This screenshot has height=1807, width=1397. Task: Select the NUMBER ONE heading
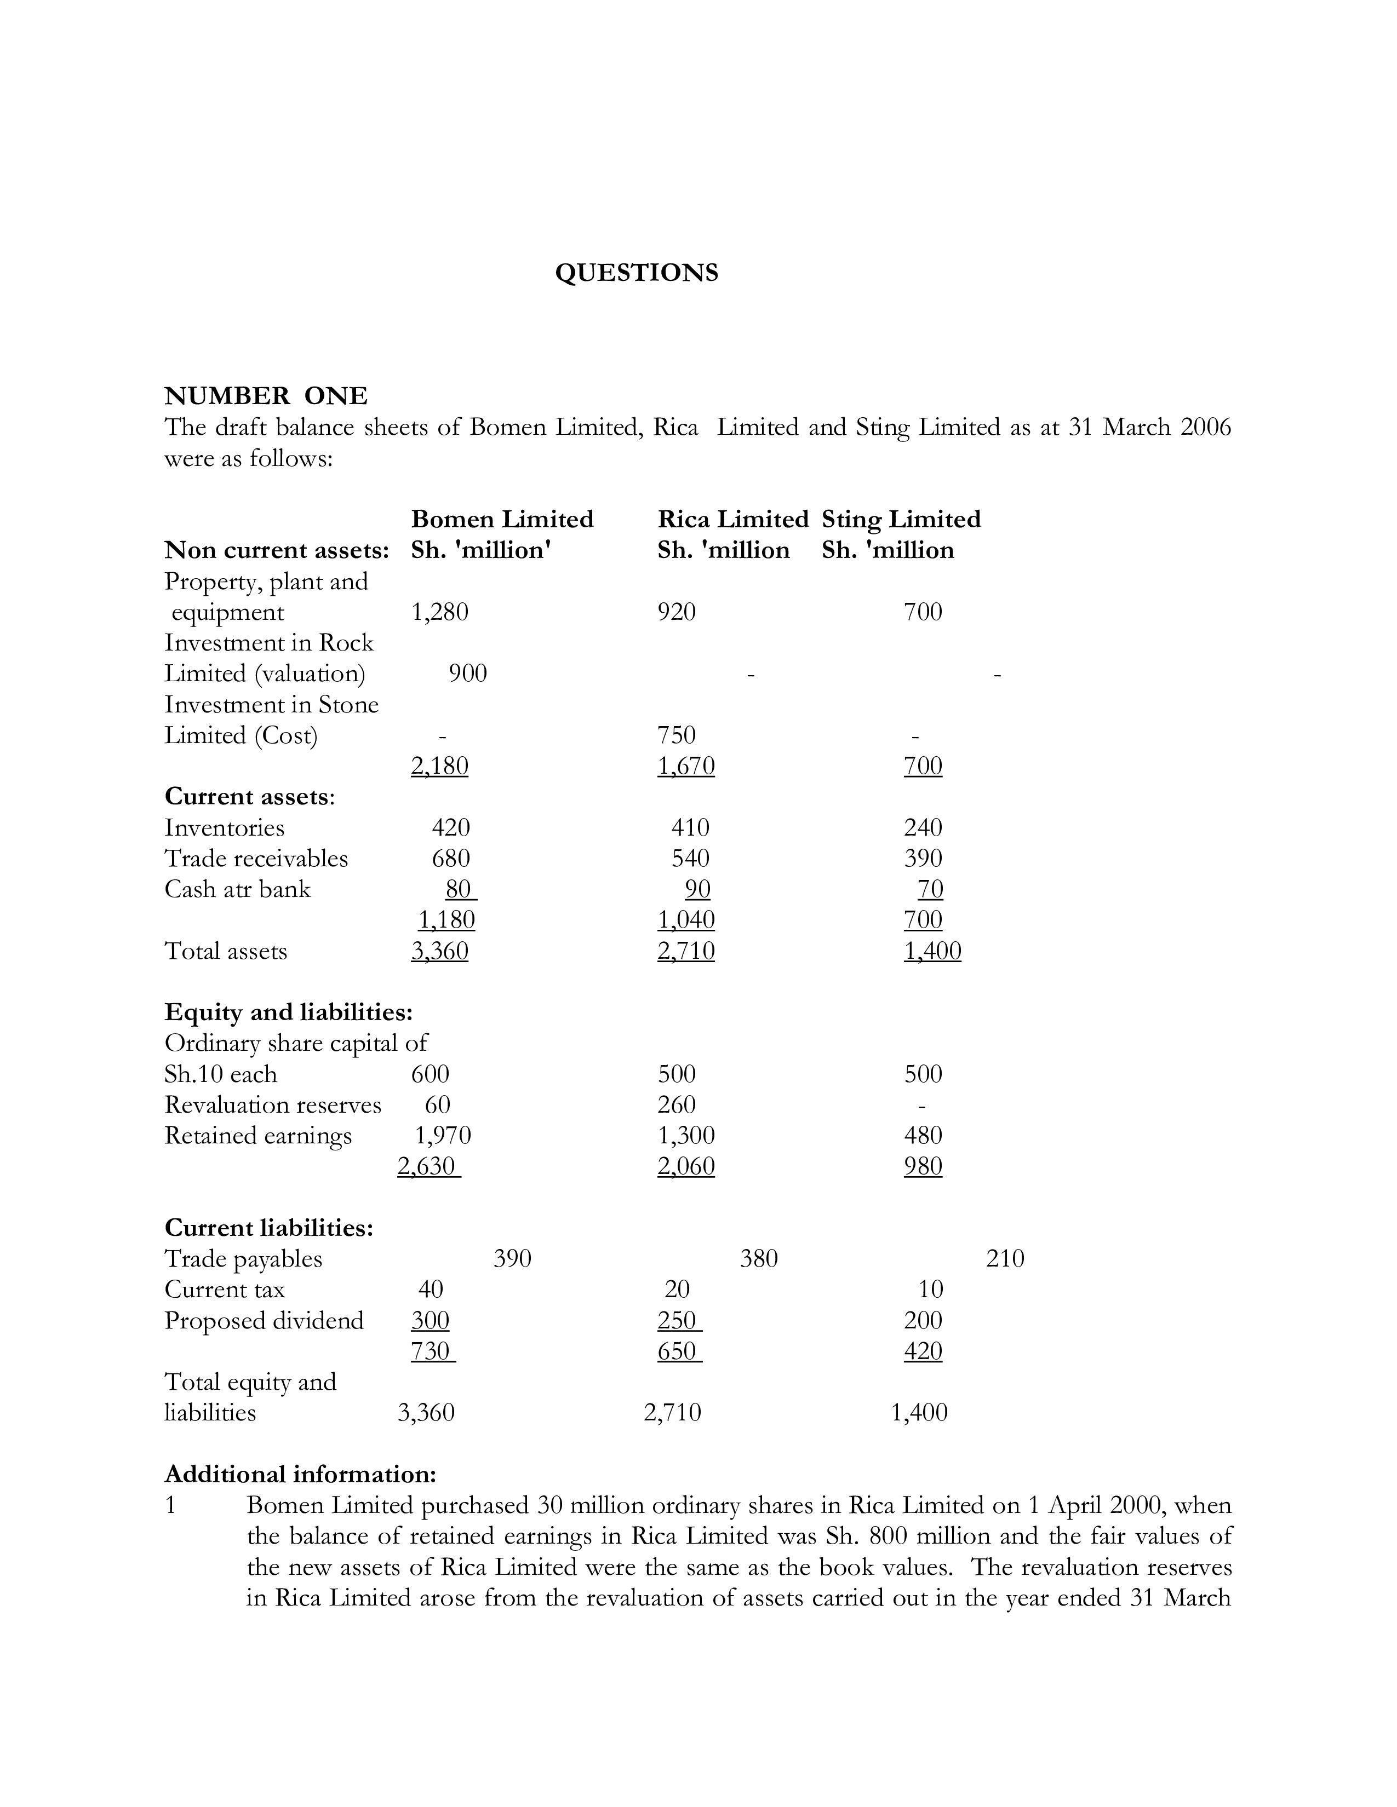(266, 396)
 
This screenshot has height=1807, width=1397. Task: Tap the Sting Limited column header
(901, 520)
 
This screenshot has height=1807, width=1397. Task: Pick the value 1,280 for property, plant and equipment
(439, 612)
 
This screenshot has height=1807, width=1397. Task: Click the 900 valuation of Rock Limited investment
(468, 674)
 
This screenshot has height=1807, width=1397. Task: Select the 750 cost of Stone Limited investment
(676, 735)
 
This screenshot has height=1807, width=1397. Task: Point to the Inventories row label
(224, 828)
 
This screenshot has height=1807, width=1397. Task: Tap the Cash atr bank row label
(238, 889)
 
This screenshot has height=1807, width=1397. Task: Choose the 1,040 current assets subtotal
(685, 920)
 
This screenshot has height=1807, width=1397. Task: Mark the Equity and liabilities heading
(288, 1012)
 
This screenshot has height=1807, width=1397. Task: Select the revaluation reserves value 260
(676, 1104)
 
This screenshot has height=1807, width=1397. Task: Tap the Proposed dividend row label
(264, 1321)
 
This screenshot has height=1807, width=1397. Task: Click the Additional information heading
(300, 1475)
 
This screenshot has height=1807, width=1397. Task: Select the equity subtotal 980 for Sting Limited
(923, 1166)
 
